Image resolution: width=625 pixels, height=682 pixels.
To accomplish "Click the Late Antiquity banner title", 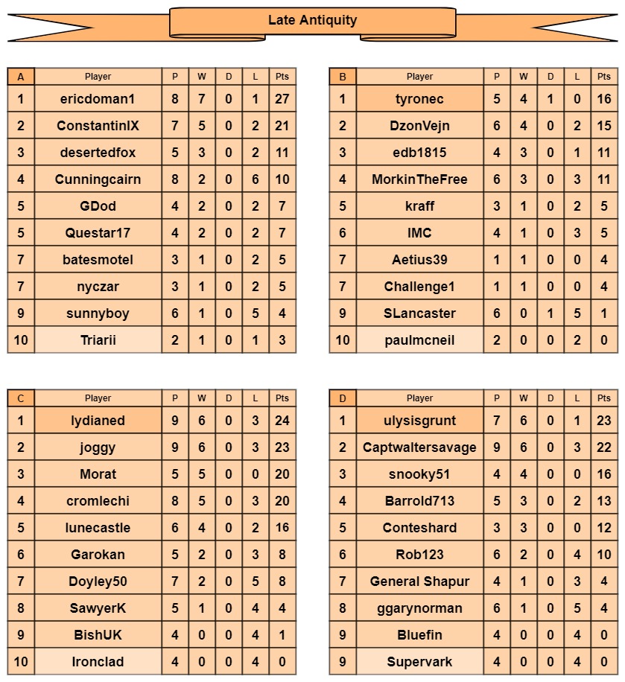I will [312, 21].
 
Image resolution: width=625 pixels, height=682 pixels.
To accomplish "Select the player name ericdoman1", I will [98, 99].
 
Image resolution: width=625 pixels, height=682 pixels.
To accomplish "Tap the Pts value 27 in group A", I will [282, 99].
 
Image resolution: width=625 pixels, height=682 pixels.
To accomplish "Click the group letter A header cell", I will [21, 77].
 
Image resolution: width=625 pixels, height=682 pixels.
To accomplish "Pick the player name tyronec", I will [419, 99].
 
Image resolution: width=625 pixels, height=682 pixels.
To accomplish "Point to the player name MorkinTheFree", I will [419, 179].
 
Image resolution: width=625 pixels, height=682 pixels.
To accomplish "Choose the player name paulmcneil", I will [419, 340].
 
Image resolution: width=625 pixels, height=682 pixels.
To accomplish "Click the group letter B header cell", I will [343, 77].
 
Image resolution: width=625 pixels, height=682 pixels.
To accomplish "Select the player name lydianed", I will [98, 421].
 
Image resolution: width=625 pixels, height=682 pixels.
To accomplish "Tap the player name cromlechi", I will [98, 501].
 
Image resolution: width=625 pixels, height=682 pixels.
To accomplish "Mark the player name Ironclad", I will [98, 662].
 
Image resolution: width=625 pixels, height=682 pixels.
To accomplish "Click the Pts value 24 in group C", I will [282, 421].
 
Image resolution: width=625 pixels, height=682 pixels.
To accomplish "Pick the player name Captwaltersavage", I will [419, 447].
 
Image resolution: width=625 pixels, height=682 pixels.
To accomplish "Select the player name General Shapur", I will [419, 581].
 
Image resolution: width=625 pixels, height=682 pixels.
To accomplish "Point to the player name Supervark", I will [419, 662].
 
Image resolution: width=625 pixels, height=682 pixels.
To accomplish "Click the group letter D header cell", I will [343, 398].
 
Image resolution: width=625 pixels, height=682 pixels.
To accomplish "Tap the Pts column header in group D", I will [603, 398].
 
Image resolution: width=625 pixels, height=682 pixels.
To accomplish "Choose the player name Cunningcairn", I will [98, 179].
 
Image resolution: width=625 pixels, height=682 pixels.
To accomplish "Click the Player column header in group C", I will [98, 398].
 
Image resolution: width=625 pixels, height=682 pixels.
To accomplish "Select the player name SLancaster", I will [419, 313].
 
